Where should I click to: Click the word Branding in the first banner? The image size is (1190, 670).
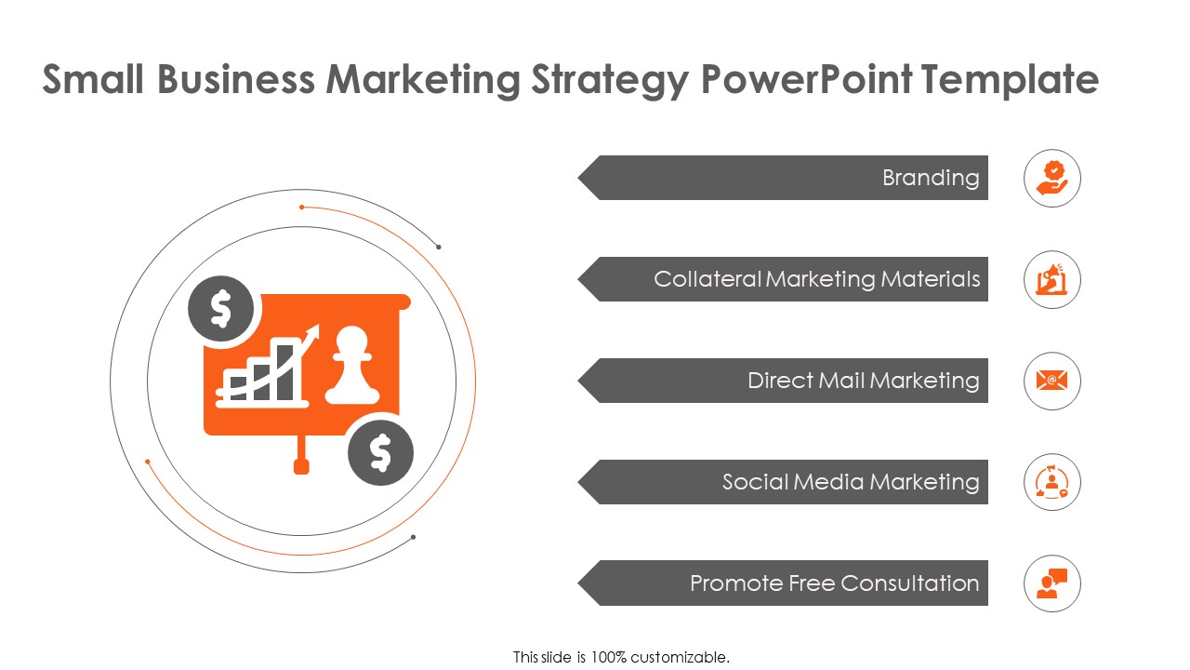931,178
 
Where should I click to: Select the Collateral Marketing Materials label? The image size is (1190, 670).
816,279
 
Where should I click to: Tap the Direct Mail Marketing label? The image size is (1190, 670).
863,381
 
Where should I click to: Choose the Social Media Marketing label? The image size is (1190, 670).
851,482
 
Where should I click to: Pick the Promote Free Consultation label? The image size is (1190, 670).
834,583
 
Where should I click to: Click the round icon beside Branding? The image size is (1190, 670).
1052,178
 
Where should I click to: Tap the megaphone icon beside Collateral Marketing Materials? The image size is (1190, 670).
1052,279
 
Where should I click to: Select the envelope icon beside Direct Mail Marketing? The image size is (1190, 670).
1052,381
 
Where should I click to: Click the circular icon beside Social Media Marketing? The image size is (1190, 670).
1052,482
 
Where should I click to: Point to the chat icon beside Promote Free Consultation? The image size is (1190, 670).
1052,583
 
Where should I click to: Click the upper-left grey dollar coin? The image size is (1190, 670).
220,309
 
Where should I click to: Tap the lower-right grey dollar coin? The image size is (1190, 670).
380,452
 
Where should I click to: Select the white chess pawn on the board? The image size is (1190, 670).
346,365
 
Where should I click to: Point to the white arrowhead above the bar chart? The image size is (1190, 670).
313,332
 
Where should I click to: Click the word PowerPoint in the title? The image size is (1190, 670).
805,80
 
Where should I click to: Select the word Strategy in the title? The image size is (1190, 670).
609,80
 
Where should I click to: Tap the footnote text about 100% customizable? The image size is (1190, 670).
621,657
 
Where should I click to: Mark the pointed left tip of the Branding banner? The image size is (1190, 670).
581,178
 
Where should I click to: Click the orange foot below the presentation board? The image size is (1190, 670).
301,465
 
